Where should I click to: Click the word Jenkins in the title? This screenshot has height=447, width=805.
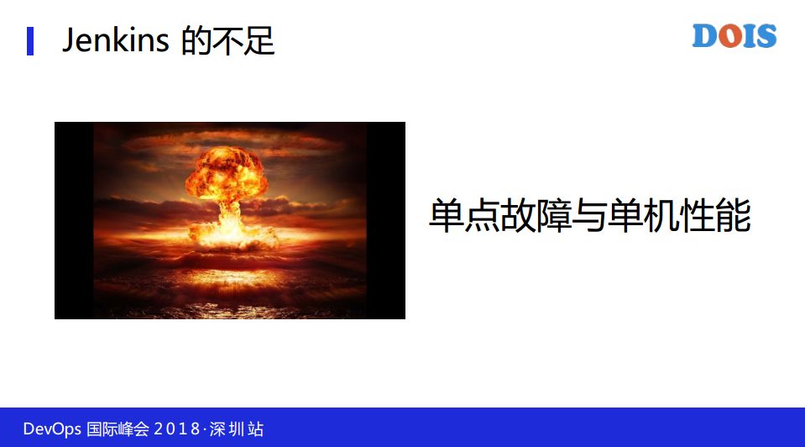(116, 40)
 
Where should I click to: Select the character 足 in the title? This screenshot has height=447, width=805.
(260, 40)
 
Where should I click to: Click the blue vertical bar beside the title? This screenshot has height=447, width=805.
(30, 40)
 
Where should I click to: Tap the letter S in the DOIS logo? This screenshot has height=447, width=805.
(765, 36)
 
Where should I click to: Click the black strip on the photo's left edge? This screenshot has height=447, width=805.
(74, 220)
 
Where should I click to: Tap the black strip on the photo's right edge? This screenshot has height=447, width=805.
(385, 220)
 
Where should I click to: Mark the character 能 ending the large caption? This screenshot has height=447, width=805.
(730, 217)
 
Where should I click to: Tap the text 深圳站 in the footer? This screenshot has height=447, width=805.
(239, 429)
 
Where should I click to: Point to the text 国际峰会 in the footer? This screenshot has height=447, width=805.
(118, 429)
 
